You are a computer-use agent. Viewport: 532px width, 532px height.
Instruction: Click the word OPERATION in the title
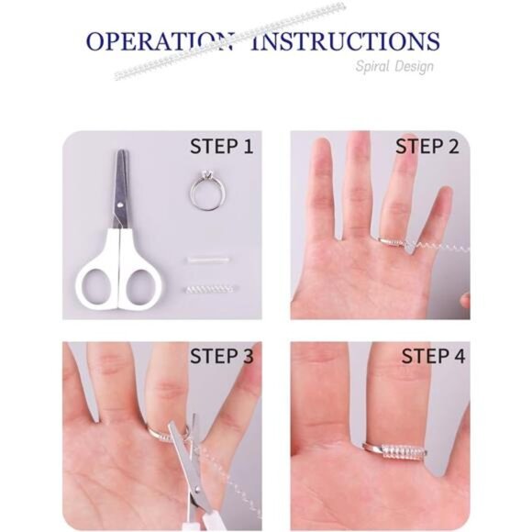point(160,41)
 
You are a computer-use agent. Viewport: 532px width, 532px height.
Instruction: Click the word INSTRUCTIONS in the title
point(345,41)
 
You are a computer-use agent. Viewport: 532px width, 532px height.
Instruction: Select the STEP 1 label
point(222,147)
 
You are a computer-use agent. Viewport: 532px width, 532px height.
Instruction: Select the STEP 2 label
point(427,147)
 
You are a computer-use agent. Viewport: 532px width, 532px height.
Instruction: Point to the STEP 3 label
point(222,356)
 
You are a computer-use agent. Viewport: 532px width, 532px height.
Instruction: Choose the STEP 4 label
point(433,356)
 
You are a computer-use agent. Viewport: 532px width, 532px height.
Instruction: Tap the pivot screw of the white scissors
point(121,205)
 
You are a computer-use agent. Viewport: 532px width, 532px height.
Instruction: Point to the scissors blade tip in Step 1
point(121,150)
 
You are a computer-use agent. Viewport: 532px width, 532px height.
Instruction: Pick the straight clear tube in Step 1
point(207,260)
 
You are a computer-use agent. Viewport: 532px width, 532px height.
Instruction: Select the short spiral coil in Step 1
point(209,290)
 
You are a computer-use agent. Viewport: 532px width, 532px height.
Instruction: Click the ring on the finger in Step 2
point(391,241)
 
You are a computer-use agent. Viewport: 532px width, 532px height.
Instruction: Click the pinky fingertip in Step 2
point(445,193)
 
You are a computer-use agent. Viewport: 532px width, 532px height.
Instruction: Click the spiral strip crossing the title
point(230,42)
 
